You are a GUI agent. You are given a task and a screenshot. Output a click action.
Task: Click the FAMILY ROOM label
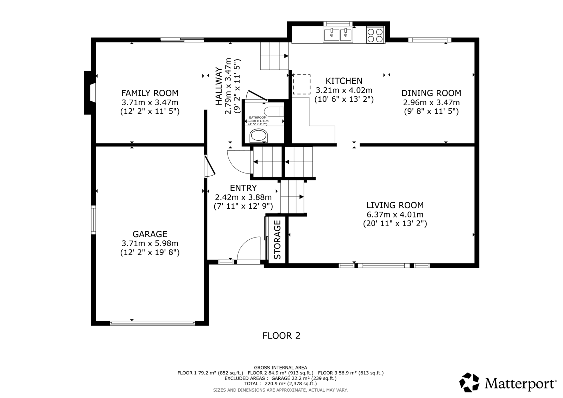pos(150,93)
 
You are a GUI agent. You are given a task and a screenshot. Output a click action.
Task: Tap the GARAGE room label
pos(150,234)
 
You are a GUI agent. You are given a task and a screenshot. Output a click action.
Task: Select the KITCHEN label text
pos(344,81)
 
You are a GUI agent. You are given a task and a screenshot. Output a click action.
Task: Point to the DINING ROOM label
pos(431,93)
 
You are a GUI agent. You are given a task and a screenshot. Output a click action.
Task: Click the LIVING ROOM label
pos(395,206)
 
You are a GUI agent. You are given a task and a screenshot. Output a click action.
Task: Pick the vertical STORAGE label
pos(277,240)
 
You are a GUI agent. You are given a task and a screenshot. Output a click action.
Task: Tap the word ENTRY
pos(243,188)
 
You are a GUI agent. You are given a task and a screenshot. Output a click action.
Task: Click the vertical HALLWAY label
pos(219,86)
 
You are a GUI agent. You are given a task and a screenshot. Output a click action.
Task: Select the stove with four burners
pos(375,35)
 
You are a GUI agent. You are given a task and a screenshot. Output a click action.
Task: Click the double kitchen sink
pos(338,35)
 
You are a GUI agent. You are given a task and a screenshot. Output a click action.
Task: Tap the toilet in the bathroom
pos(274,112)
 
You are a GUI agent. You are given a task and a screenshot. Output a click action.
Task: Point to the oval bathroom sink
pos(259,136)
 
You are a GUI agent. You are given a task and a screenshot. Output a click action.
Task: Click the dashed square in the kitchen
pos(302,84)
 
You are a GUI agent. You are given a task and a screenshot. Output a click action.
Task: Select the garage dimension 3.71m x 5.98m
pos(150,244)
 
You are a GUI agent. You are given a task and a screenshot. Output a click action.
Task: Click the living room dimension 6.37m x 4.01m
pos(395,215)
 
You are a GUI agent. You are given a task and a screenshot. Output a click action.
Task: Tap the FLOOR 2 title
pos(281,336)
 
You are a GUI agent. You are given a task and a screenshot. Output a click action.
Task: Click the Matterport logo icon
pos(469,382)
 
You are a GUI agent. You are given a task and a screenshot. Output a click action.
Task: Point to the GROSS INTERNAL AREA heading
pos(280,368)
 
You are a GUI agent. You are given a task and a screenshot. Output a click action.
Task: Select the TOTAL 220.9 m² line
pos(280,384)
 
